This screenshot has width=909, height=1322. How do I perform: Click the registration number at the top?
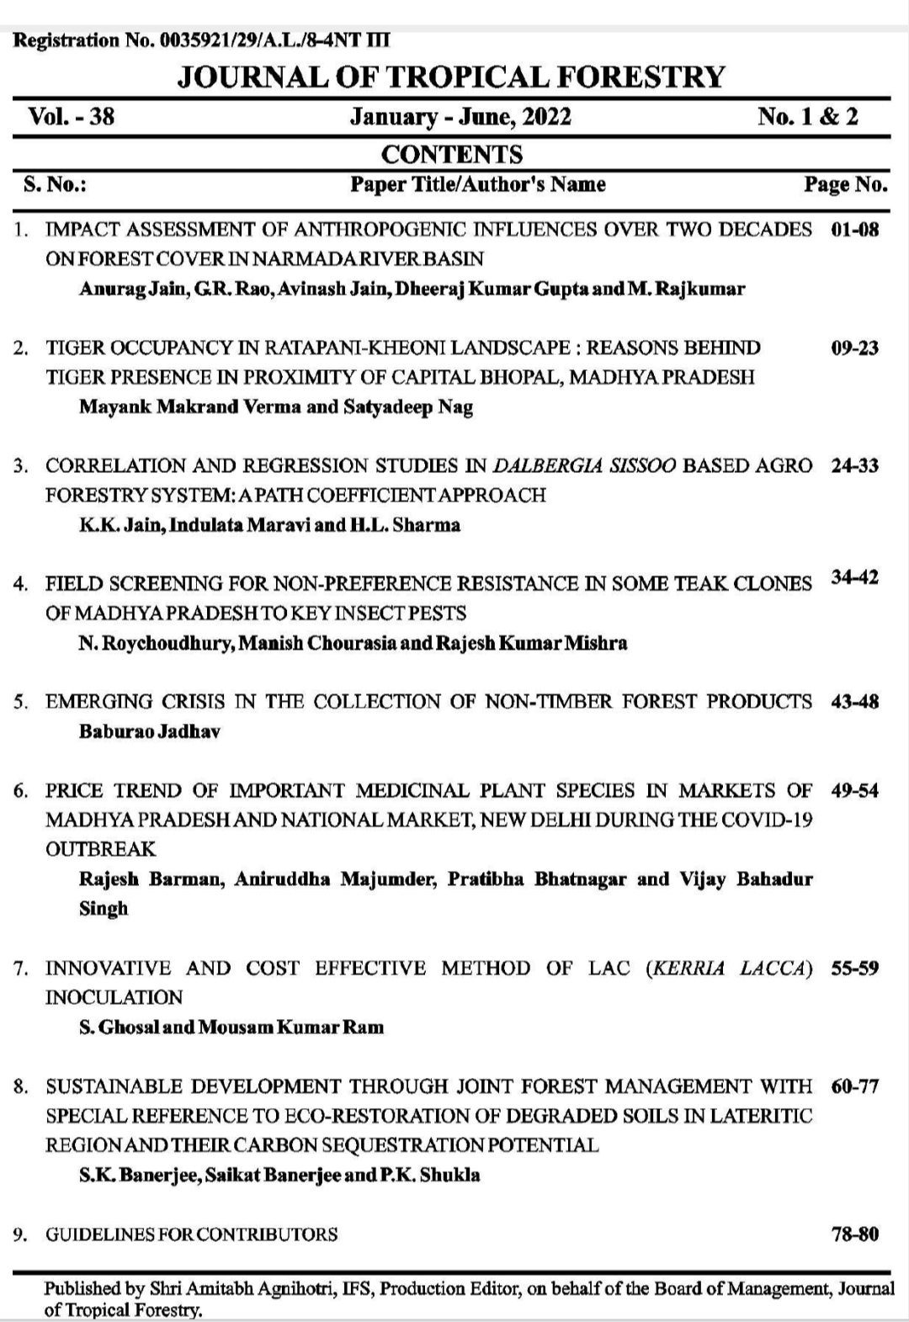202,40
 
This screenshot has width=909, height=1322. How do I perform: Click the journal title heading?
451,77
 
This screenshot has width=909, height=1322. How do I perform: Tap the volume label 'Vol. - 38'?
72,116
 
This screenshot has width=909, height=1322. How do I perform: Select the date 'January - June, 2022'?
460,116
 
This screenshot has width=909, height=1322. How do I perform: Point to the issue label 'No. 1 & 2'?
807,116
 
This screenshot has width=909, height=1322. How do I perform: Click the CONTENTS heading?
452,154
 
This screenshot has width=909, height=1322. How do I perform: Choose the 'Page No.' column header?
845,184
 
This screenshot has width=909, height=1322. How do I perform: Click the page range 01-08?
854,230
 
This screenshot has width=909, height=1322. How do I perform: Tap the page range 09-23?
854,348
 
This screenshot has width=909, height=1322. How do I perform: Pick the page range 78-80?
854,1234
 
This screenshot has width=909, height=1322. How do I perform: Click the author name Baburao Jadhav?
150,731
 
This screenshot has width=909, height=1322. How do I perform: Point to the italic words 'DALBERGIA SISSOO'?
584,465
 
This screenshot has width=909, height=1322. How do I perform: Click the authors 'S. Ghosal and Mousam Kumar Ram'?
231,1027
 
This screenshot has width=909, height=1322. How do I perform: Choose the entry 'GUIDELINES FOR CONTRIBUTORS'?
192,1234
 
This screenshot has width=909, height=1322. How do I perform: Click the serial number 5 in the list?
20,702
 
